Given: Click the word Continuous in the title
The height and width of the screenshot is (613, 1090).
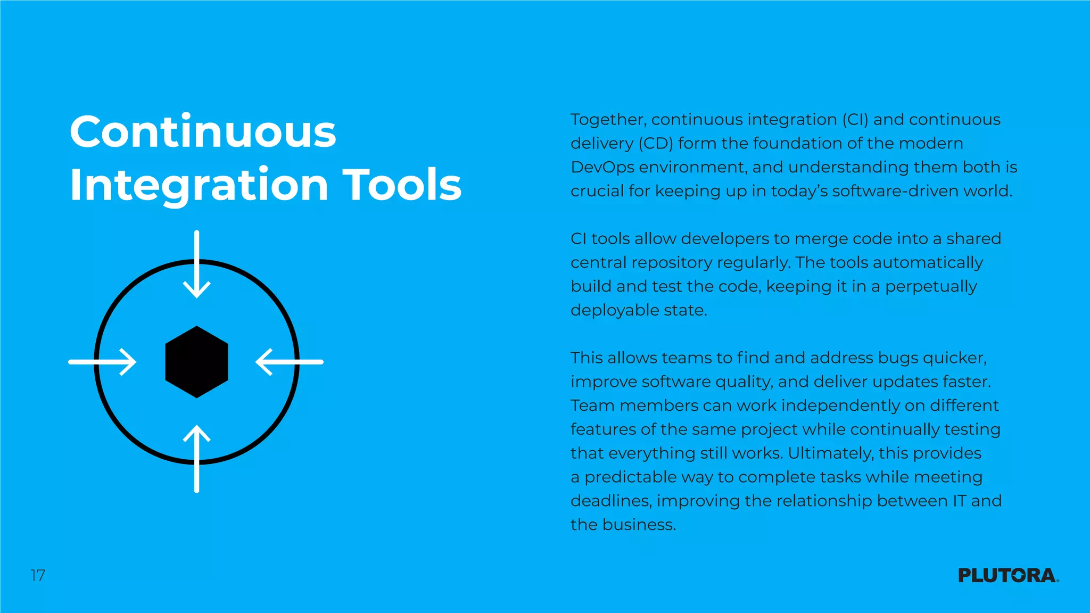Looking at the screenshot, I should [x=203, y=132].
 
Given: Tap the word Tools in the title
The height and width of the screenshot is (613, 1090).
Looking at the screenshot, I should [x=402, y=185].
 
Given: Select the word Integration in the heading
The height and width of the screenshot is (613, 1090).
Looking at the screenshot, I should [x=199, y=185].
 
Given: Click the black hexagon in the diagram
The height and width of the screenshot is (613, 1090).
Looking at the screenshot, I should [x=197, y=362].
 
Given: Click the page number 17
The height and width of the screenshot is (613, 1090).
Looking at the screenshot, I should [x=38, y=575].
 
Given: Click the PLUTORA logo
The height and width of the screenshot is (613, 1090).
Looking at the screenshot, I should [x=1008, y=575].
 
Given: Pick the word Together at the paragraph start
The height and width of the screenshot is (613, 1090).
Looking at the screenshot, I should [x=608, y=120].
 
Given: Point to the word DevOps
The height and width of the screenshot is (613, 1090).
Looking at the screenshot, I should [x=602, y=168].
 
